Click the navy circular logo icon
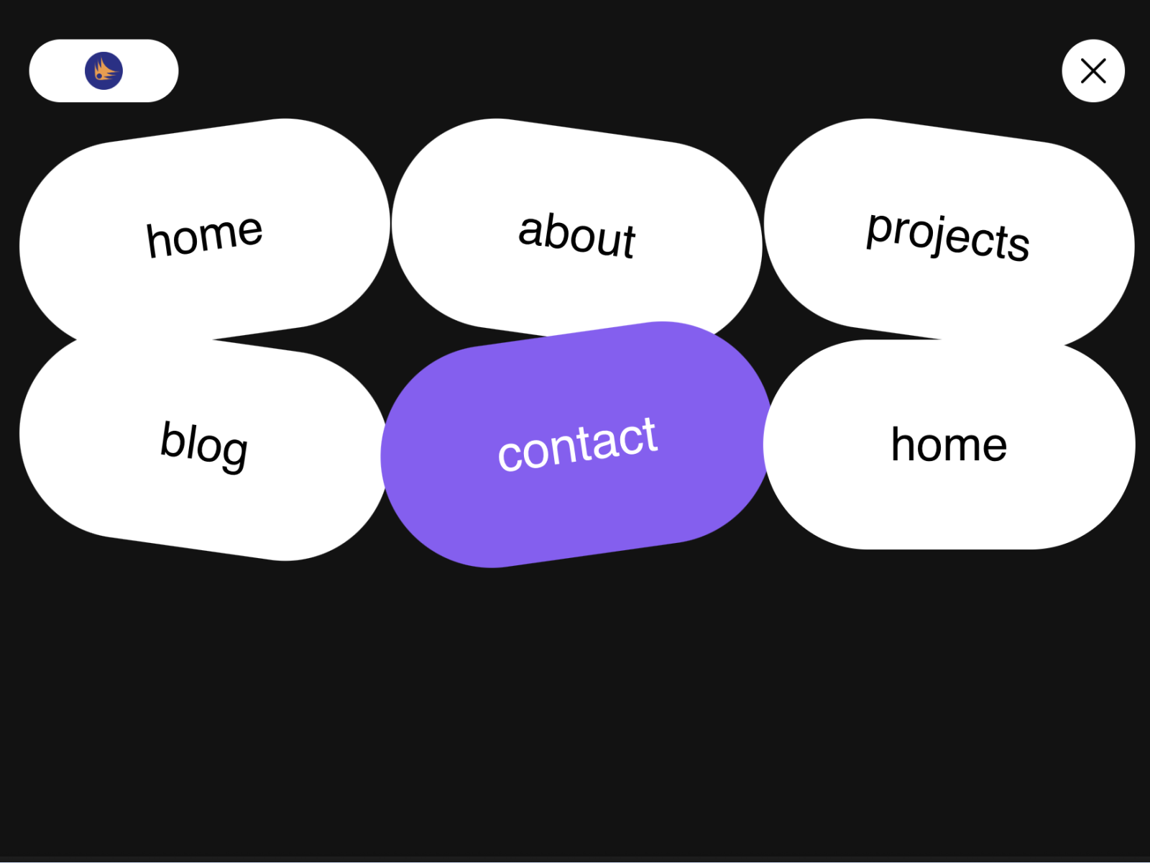(x=103, y=70)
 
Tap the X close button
(x=1093, y=70)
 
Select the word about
(x=577, y=234)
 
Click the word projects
(x=948, y=236)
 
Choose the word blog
(x=204, y=444)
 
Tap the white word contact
(x=577, y=444)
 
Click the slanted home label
(x=204, y=235)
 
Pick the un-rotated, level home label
(x=949, y=444)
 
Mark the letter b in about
(x=556, y=232)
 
